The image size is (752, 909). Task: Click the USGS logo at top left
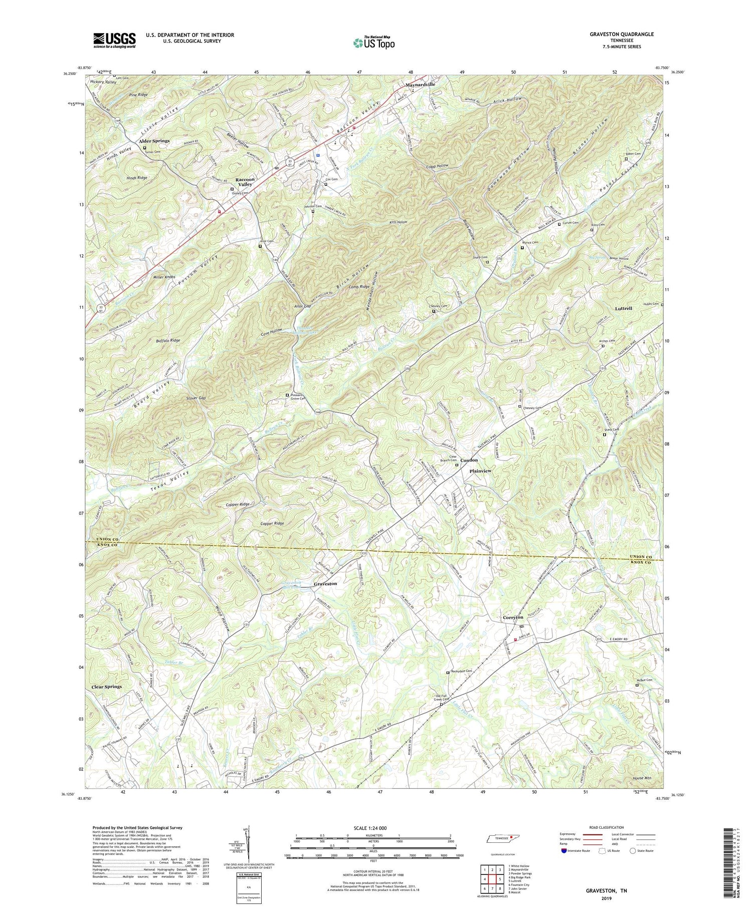114,40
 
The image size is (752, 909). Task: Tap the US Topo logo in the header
373,43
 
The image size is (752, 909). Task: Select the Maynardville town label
420,85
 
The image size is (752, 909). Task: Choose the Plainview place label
480,471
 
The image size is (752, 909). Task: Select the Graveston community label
325,584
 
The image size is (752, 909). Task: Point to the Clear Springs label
106,686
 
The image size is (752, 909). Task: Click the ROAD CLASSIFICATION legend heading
607,827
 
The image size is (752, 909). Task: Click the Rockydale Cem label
462,671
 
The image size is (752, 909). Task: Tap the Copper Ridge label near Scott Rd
272,523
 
